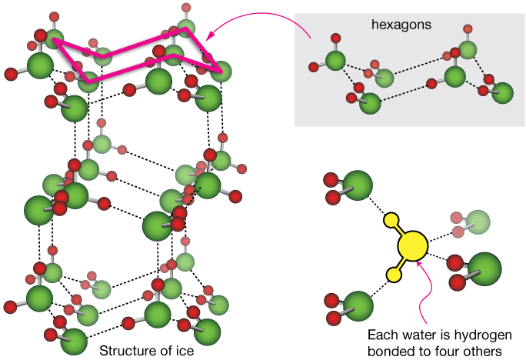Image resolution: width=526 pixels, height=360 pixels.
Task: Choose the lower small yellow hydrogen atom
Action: (395, 274)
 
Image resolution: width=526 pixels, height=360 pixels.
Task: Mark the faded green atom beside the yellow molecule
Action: (476, 222)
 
